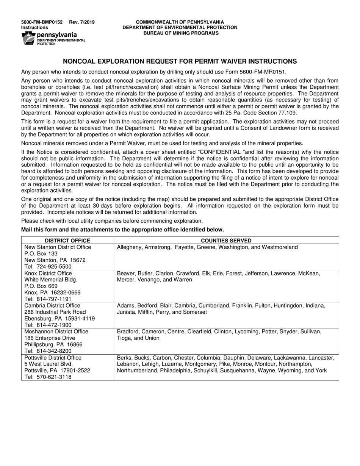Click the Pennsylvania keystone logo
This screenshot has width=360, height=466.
point(28,38)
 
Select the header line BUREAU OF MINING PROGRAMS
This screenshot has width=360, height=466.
point(180,33)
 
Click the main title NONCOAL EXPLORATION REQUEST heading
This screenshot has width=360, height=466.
point(180,61)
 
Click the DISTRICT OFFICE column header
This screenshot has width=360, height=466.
point(67,241)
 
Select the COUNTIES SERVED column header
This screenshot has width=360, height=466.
point(226,241)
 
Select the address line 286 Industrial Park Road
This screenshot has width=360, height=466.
point(55,312)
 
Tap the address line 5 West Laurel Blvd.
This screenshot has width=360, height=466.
point(48,364)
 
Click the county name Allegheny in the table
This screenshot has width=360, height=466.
point(130,247)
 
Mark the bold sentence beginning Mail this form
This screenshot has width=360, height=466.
point(122,230)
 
